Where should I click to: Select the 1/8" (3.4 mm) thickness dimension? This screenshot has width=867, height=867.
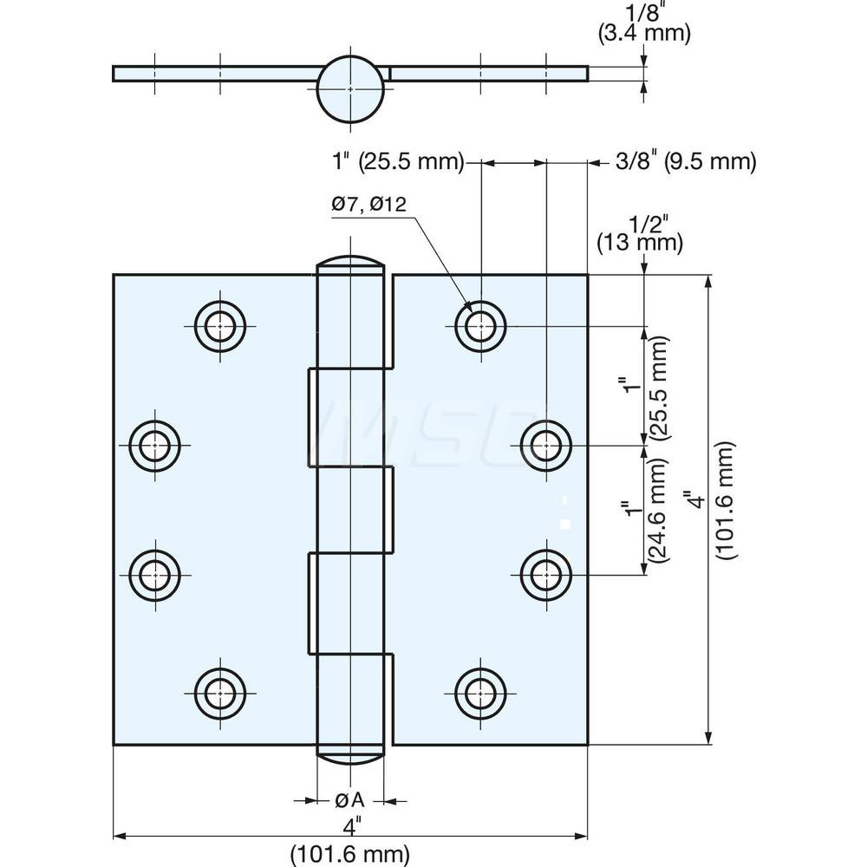pyautogui.click(x=644, y=23)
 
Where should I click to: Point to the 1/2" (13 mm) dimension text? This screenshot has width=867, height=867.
pyautogui.click(x=640, y=232)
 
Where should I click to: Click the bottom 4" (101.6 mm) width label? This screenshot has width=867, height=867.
pyautogui.click(x=350, y=842)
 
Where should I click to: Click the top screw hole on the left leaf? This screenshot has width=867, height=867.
pyautogui.click(x=220, y=326)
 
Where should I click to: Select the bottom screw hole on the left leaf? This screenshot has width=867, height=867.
pyautogui.click(x=220, y=693)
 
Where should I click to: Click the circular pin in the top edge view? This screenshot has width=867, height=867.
pyautogui.click(x=349, y=89)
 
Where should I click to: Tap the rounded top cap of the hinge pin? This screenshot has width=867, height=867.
pyautogui.click(x=350, y=264)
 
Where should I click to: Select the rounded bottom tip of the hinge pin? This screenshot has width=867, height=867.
pyautogui.click(x=350, y=755)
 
